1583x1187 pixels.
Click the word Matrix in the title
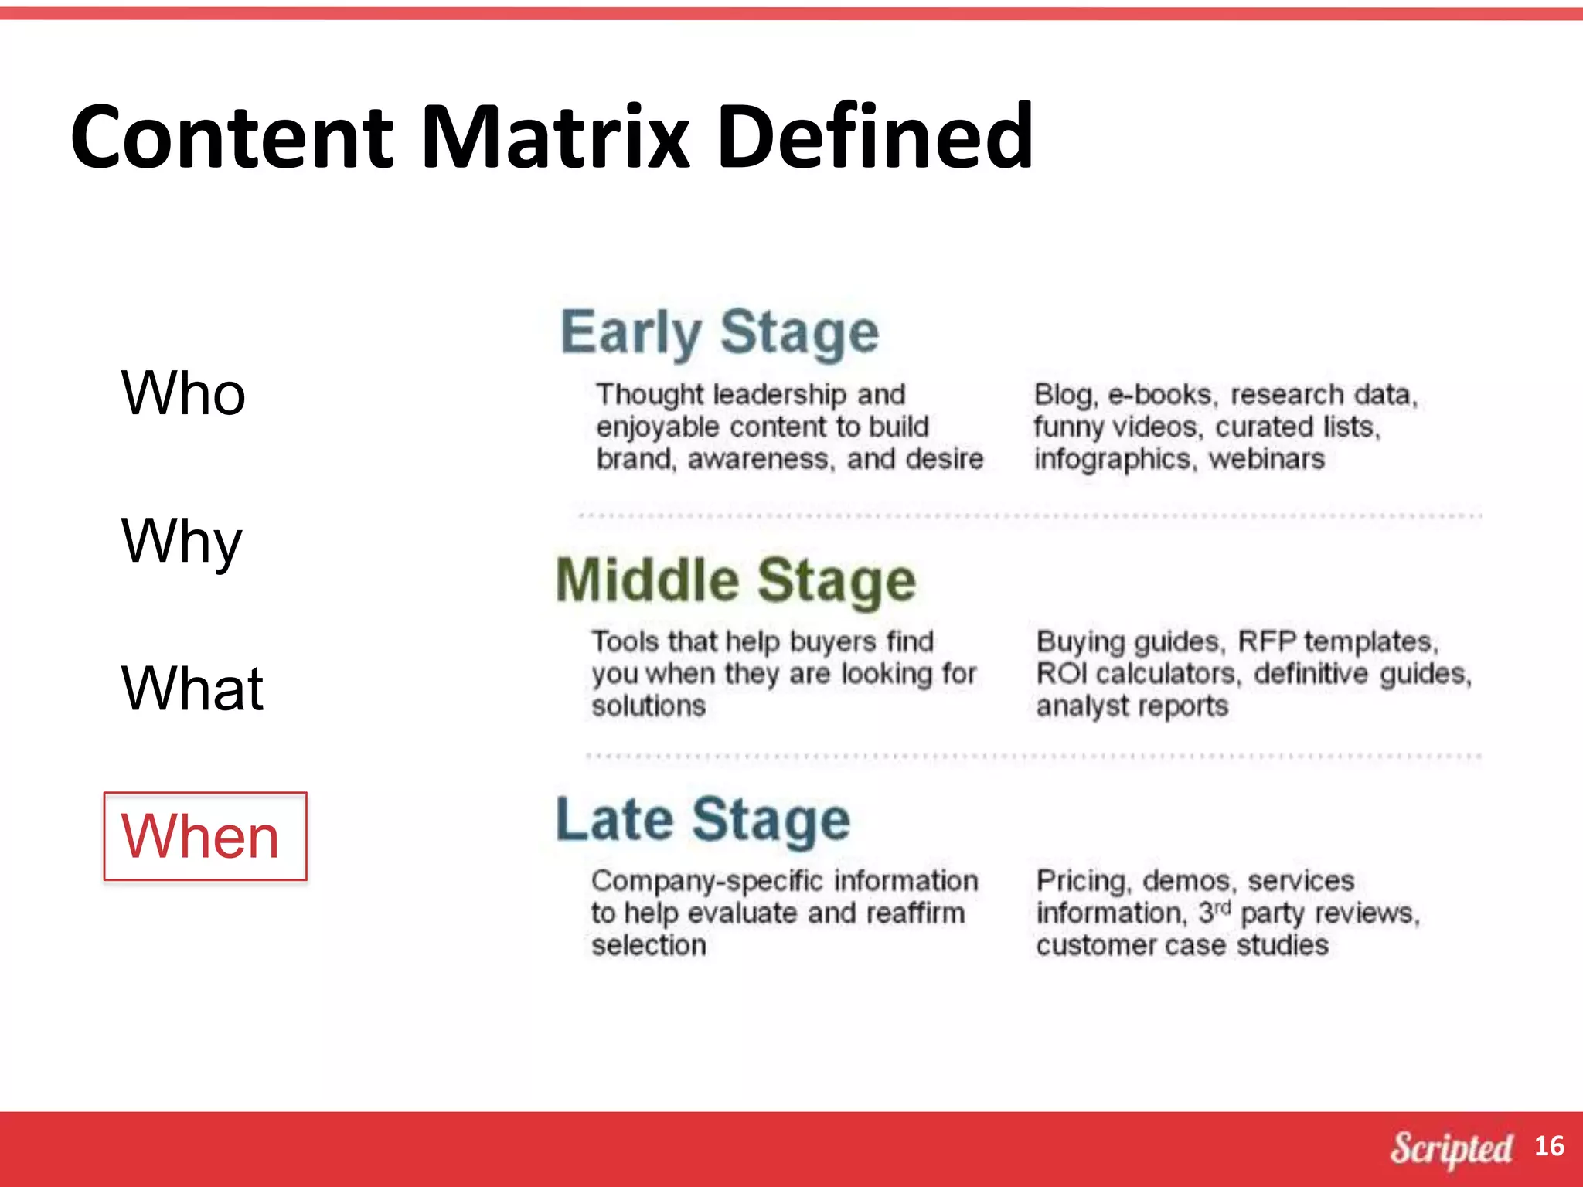click(555, 138)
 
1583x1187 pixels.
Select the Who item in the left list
click(183, 393)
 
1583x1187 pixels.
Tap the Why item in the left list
click(182, 541)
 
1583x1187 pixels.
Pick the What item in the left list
click(192, 688)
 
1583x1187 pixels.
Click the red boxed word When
click(201, 836)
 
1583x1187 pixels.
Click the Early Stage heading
click(719, 333)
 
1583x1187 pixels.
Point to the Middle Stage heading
click(735, 581)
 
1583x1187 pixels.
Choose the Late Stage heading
click(703, 820)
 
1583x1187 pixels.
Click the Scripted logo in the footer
click(1451, 1148)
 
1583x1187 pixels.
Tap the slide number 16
click(1548, 1146)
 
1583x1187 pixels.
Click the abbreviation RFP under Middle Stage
click(1266, 641)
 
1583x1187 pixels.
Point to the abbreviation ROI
click(1061, 674)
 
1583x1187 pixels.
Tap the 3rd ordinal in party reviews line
click(1214, 912)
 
